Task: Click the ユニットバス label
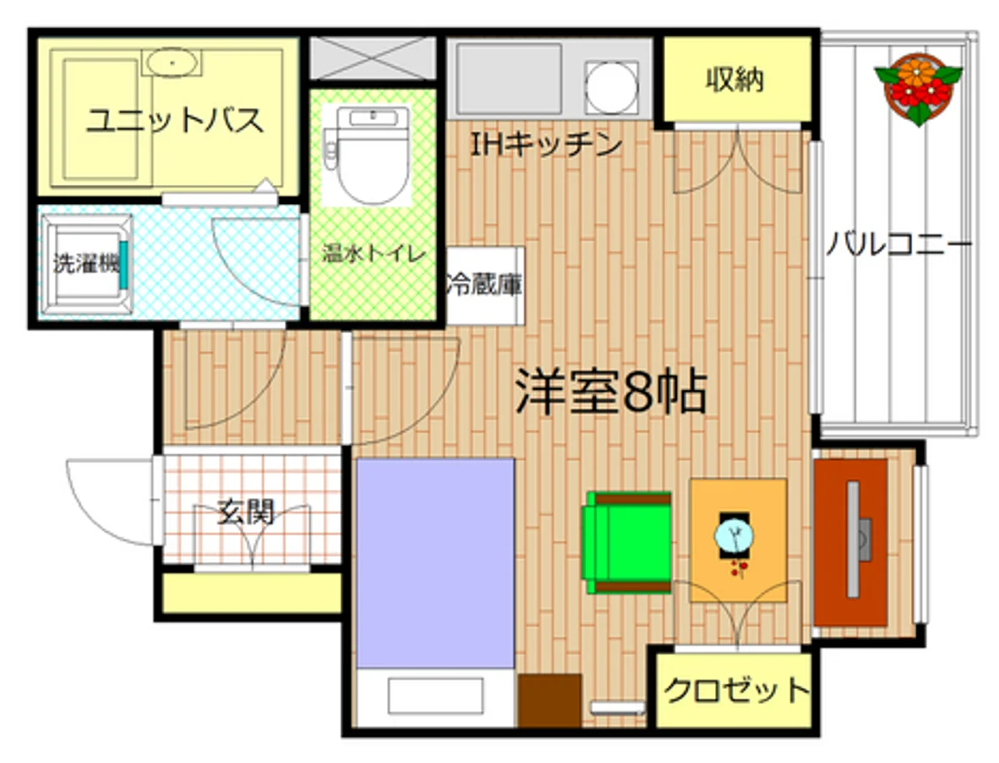[x=176, y=122]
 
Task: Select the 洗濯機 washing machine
[x=84, y=264]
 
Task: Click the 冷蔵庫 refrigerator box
[x=485, y=285]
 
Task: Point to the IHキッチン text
[x=546, y=145]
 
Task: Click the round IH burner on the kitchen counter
[x=613, y=86]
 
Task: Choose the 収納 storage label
[x=735, y=80]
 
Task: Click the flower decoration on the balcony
[x=918, y=87]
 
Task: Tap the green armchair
[x=629, y=542]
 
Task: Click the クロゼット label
[x=737, y=690]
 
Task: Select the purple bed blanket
[x=435, y=562]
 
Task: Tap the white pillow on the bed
[x=435, y=696]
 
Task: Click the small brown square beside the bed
[x=550, y=701]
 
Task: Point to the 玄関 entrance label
[x=246, y=511]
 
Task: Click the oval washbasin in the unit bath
[x=171, y=62]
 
